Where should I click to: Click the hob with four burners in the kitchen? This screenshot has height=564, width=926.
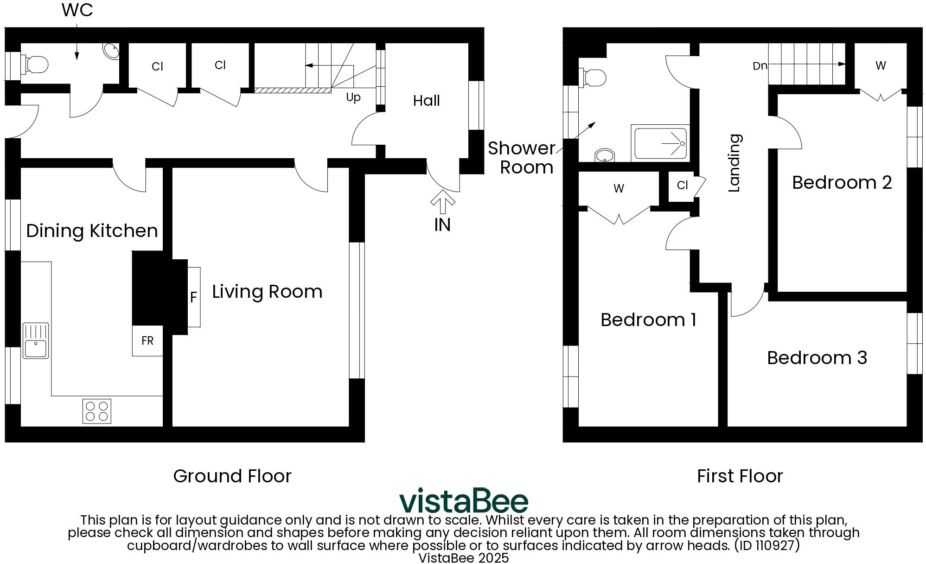(x=97, y=411)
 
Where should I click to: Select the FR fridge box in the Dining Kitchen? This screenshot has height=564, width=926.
(x=147, y=341)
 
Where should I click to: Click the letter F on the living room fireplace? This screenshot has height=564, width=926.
(x=194, y=297)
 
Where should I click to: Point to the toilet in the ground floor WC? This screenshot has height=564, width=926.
(x=36, y=64)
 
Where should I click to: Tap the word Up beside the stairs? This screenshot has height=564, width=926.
(x=353, y=98)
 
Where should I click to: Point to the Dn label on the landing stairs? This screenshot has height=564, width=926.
(x=760, y=66)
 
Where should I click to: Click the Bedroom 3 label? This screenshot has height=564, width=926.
(x=817, y=358)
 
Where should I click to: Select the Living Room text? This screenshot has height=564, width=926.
(x=267, y=291)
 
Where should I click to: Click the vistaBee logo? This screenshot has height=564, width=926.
(x=463, y=501)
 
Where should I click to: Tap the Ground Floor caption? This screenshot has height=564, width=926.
(x=232, y=476)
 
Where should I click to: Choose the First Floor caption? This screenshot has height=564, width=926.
(x=740, y=476)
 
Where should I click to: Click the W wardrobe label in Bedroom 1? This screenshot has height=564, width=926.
(x=618, y=188)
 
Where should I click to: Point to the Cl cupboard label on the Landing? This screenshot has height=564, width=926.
(x=682, y=185)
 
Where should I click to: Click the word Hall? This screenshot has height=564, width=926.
(x=426, y=101)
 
